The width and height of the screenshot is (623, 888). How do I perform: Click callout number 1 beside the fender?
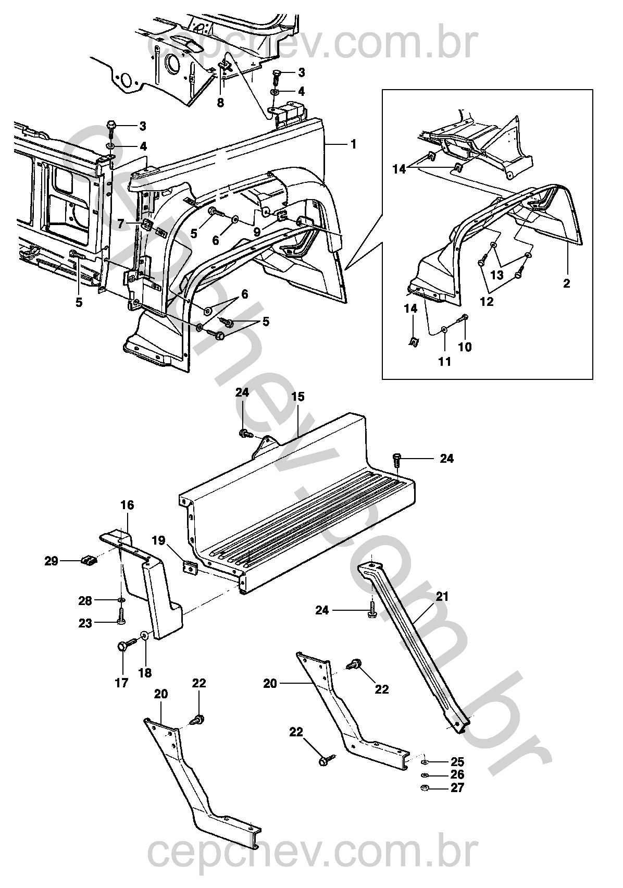(x=353, y=144)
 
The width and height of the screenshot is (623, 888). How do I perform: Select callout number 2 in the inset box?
(x=566, y=283)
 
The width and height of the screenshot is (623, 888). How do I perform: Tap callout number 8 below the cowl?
(x=220, y=103)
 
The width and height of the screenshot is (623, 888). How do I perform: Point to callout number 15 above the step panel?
(x=298, y=397)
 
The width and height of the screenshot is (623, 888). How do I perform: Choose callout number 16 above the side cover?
(x=127, y=505)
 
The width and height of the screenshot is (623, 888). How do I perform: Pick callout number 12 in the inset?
(x=487, y=302)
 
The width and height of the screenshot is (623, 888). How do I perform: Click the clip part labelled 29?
(x=89, y=561)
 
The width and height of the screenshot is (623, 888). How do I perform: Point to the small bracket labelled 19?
(x=190, y=568)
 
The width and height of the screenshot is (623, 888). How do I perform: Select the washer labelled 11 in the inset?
(x=444, y=329)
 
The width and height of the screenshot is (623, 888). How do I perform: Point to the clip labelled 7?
(x=146, y=225)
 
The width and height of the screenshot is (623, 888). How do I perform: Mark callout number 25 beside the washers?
(x=457, y=762)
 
